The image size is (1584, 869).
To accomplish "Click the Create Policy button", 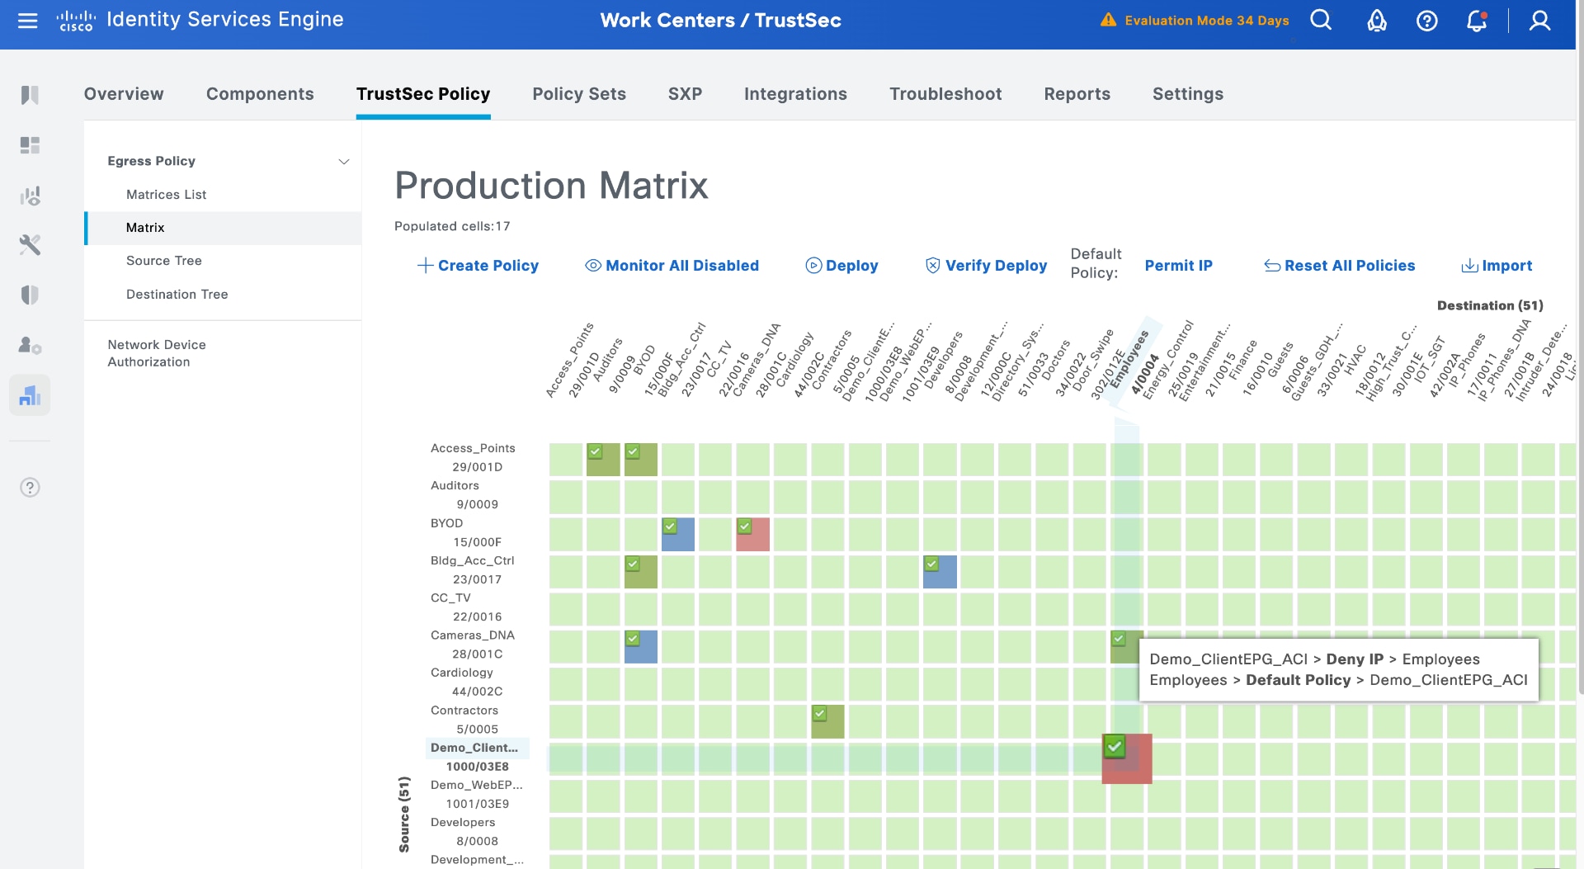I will [478, 266].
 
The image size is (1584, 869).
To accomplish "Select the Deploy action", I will [841, 266].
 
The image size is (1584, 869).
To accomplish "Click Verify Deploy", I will [986, 266].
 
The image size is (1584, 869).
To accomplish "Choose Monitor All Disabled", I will [672, 266].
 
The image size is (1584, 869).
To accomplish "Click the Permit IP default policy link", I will [1178, 266].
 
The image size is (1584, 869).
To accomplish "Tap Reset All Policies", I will [1340, 266].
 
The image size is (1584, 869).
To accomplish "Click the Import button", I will [1497, 266].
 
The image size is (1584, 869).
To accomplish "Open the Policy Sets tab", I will [578, 94].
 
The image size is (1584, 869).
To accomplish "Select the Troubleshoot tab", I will [945, 94].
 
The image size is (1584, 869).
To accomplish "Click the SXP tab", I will [685, 94].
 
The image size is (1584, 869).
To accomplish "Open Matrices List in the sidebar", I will [166, 195].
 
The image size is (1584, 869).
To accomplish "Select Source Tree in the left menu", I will [163, 261].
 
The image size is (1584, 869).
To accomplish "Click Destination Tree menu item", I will [177, 295].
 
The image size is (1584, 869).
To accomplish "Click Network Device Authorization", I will [156, 353].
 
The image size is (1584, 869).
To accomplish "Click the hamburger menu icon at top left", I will [28, 21].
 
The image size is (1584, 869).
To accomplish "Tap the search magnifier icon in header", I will [1321, 21].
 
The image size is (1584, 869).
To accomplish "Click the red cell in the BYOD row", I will [753, 536].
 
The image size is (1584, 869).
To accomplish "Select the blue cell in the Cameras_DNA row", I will [641, 648].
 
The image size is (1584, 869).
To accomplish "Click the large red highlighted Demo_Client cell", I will [1127, 759].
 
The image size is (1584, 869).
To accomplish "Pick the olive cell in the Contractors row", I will [827, 722].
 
